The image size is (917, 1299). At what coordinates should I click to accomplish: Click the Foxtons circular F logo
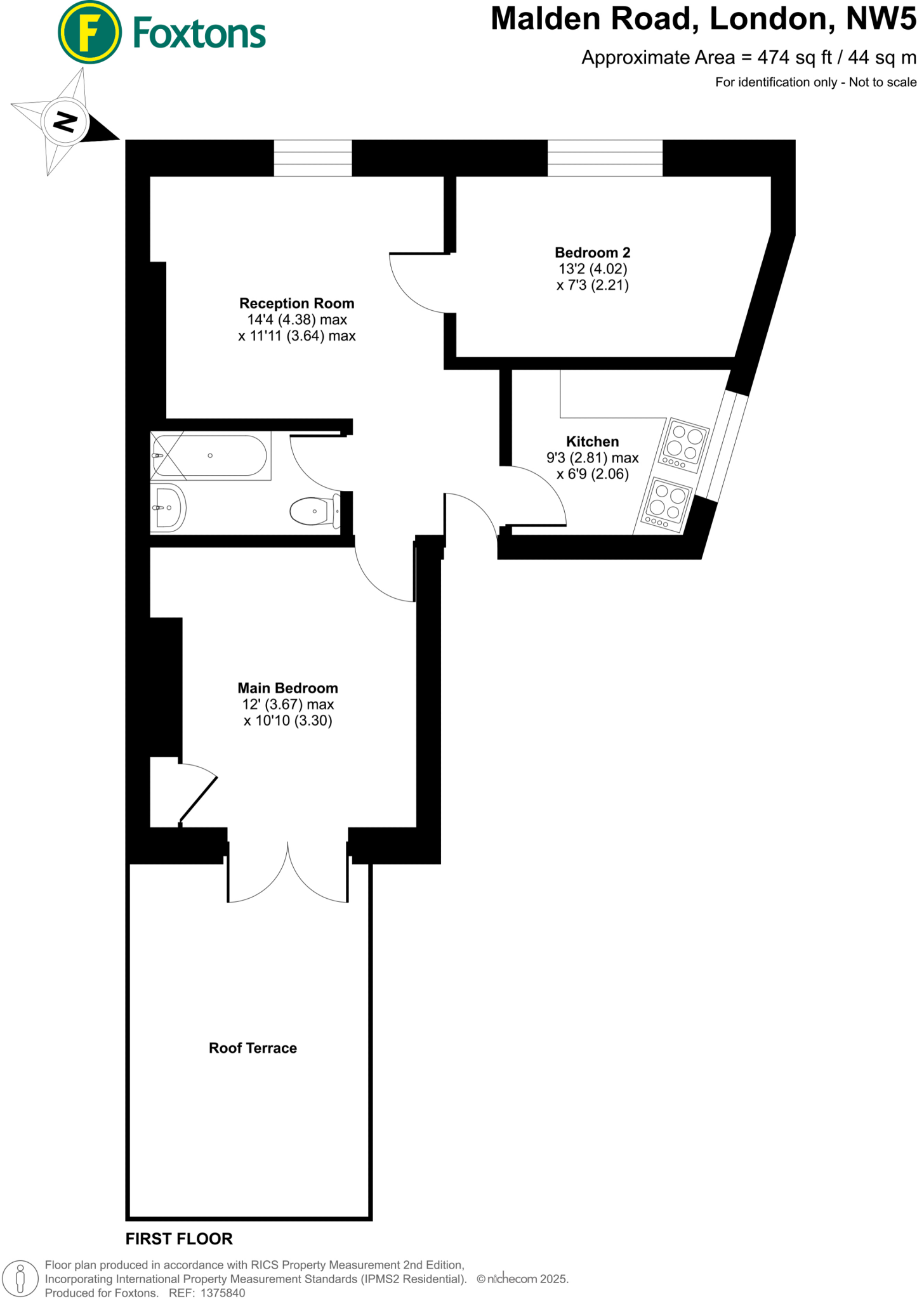(89, 33)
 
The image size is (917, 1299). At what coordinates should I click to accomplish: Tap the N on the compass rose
(64, 121)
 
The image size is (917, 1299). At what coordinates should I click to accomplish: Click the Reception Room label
(296, 304)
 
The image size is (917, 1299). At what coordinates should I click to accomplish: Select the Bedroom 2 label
(592, 253)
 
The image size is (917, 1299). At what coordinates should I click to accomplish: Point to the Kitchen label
(592, 441)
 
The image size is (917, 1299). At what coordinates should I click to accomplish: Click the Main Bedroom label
(287, 688)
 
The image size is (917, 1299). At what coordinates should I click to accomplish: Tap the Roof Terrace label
(253, 1048)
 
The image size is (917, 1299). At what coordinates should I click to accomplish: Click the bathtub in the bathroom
(209, 455)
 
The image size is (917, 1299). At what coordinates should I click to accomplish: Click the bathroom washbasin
(168, 507)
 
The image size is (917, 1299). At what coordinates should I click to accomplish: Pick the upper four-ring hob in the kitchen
(684, 445)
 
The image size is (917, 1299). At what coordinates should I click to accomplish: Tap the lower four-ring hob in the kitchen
(667, 504)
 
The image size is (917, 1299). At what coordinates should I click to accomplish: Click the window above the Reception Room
(313, 158)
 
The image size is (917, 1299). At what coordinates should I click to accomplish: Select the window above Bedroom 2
(605, 158)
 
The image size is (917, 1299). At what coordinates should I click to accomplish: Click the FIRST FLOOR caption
(179, 1239)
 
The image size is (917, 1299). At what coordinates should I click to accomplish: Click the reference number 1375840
(223, 1293)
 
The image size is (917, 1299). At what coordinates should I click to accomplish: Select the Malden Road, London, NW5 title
(703, 18)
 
